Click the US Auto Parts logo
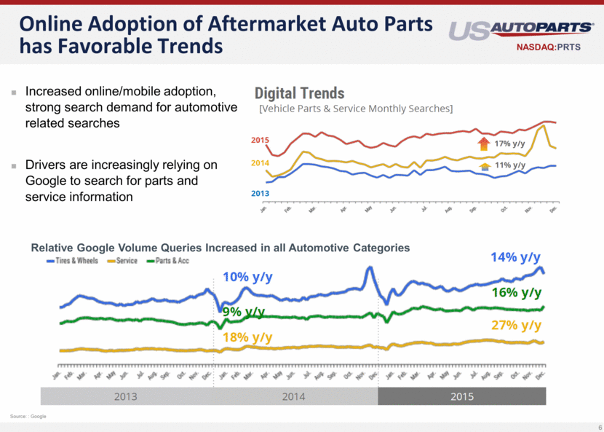(520, 29)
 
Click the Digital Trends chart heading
(299, 93)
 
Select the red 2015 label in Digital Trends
(261, 139)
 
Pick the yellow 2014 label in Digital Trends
(261, 163)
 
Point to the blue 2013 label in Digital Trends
(261, 194)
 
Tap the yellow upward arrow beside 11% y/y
(485, 165)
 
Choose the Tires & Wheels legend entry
(73, 260)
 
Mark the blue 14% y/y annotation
(515, 257)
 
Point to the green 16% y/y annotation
(516, 292)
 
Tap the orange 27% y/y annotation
(516, 325)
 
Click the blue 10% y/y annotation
(247, 278)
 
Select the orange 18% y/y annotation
(247, 337)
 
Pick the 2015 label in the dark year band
(461, 396)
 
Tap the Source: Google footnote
(28, 416)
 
